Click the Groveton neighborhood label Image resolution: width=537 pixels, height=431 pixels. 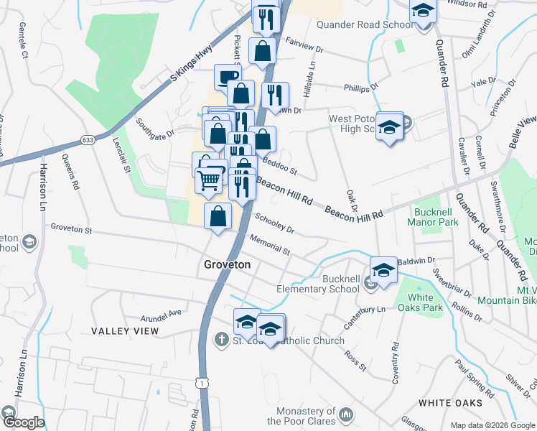(228, 264)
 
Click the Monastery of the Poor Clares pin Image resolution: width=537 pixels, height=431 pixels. (347, 414)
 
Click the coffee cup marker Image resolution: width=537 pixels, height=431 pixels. (228, 77)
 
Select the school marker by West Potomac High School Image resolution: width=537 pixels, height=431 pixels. (389, 127)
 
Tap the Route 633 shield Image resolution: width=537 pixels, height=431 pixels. (88, 139)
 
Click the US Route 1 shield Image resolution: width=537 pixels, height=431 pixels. (205, 385)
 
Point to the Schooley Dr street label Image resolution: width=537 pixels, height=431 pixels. (275, 223)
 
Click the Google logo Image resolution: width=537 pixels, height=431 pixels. (24, 423)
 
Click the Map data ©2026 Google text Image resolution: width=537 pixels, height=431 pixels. (492, 425)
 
